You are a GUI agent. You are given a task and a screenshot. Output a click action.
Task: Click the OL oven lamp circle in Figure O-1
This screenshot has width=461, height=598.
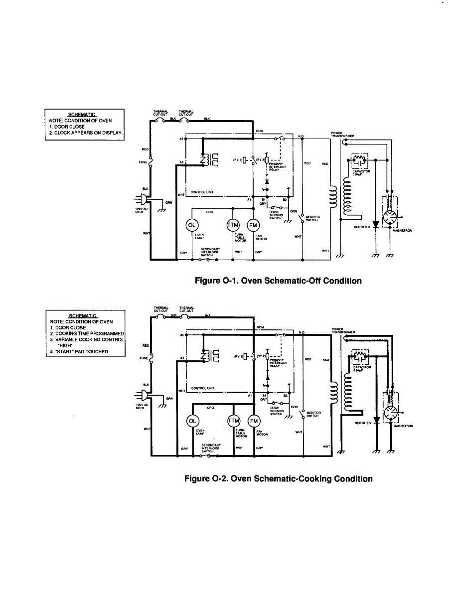[191, 225]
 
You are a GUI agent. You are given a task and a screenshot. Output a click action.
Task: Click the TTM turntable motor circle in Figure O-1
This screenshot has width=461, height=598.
[233, 225]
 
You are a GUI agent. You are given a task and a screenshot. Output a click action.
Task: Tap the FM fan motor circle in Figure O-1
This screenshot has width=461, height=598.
[253, 225]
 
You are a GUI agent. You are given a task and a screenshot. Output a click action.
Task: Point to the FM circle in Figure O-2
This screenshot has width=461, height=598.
[254, 421]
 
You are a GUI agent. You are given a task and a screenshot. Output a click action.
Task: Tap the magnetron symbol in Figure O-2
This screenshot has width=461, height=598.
[391, 413]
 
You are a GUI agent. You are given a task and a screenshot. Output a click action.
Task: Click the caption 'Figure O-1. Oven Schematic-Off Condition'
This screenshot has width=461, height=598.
[278, 281]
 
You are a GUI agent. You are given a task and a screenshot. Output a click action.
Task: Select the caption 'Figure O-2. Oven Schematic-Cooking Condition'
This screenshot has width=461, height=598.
[278, 479]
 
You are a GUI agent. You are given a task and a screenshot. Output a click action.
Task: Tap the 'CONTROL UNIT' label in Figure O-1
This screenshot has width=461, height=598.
[202, 192]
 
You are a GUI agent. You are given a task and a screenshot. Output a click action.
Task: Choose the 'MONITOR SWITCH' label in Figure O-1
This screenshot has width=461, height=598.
[312, 218]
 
